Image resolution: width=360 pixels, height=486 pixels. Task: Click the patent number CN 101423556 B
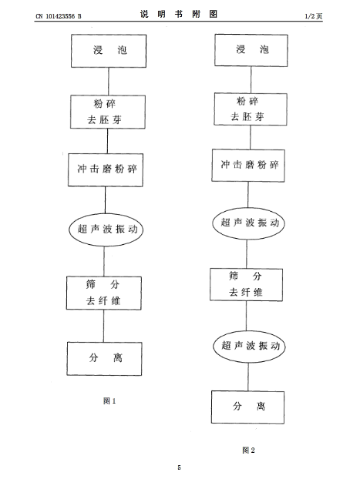click(59, 16)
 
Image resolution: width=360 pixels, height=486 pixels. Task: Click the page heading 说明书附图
click(178, 14)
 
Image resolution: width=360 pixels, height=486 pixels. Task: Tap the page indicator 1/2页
click(314, 16)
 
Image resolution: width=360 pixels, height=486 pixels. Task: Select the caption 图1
click(109, 401)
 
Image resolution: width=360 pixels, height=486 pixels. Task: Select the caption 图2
click(248, 450)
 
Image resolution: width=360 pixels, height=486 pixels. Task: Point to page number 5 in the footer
click(179, 468)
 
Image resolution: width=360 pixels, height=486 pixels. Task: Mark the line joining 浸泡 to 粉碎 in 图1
click(109, 81)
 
